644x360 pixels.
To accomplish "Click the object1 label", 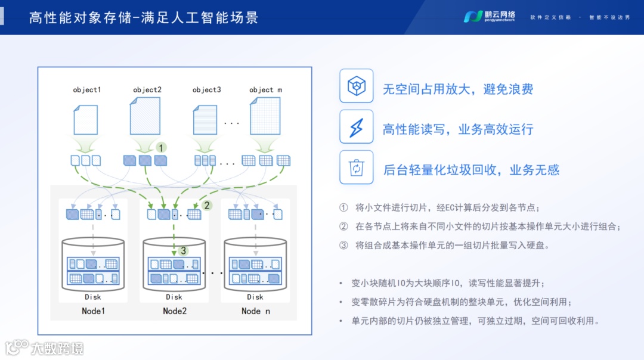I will (86, 90).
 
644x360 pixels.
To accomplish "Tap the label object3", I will (206, 90).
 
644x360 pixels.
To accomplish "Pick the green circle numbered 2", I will (207, 205).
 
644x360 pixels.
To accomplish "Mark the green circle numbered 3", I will (183, 250).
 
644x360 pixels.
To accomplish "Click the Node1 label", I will (93, 311).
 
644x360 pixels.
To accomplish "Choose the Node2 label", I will (175, 311).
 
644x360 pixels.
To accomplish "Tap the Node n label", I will (255, 311).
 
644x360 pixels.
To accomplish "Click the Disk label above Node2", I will (174, 297).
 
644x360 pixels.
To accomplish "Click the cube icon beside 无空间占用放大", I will (356, 87).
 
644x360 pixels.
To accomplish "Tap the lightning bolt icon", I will (356, 127).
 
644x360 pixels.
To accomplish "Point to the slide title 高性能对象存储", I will (143, 17).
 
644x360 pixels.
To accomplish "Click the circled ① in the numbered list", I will (343, 208).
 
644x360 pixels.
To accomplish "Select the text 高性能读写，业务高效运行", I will (457, 129).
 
